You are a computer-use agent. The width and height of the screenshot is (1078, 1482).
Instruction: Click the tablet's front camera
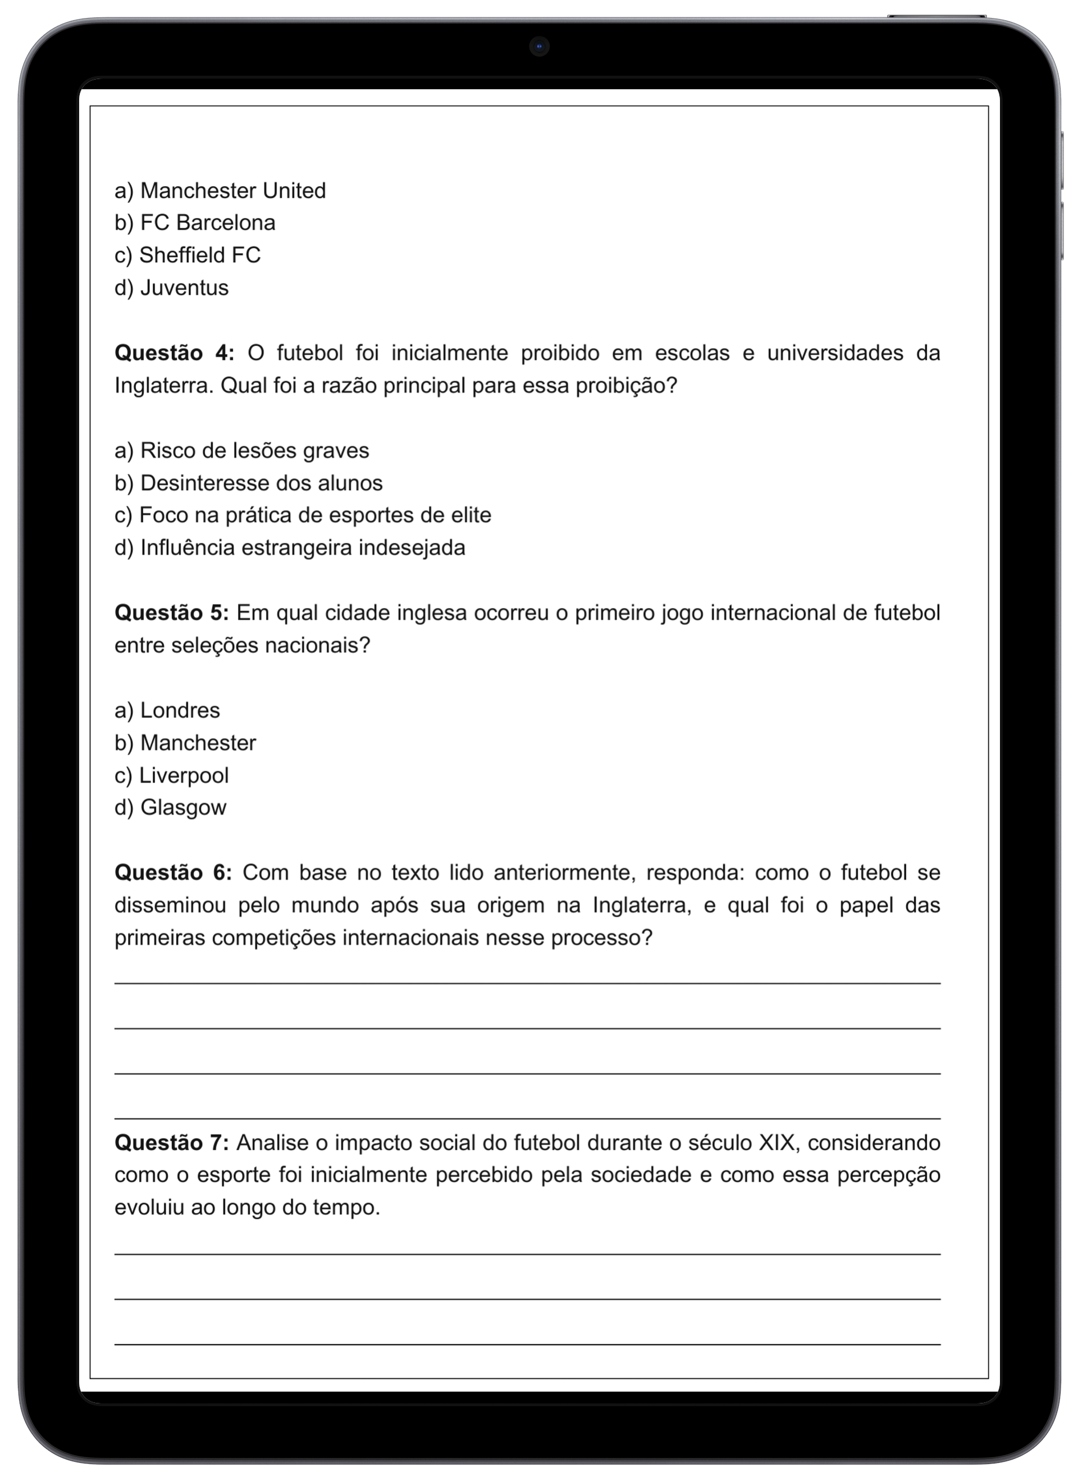(538, 47)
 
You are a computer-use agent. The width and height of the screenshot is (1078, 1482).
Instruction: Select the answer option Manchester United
(220, 191)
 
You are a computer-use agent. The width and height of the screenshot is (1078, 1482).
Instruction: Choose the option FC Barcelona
(195, 223)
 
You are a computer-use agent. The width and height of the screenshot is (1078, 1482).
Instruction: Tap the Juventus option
(171, 287)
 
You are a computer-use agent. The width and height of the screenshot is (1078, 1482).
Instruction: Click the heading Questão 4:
(174, 353)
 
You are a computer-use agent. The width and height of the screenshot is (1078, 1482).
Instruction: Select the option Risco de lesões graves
(241, 450)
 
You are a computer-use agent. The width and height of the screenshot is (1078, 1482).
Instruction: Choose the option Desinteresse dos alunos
(248, 483)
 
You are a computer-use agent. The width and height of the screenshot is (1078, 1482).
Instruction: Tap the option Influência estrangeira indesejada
(290, 547)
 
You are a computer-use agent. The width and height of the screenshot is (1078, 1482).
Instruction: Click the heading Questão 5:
(171, 613)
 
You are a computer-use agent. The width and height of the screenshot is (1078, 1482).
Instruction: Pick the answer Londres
(167, 710)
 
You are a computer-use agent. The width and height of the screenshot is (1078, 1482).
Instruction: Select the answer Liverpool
(171, 776)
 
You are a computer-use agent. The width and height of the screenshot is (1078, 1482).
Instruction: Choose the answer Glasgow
(170, 808)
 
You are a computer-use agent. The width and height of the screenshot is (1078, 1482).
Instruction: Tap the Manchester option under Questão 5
(185, 743)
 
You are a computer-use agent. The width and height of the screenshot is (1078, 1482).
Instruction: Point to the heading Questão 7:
(171, 1143)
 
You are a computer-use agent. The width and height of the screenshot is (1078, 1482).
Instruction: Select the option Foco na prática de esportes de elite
(303, 515)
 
